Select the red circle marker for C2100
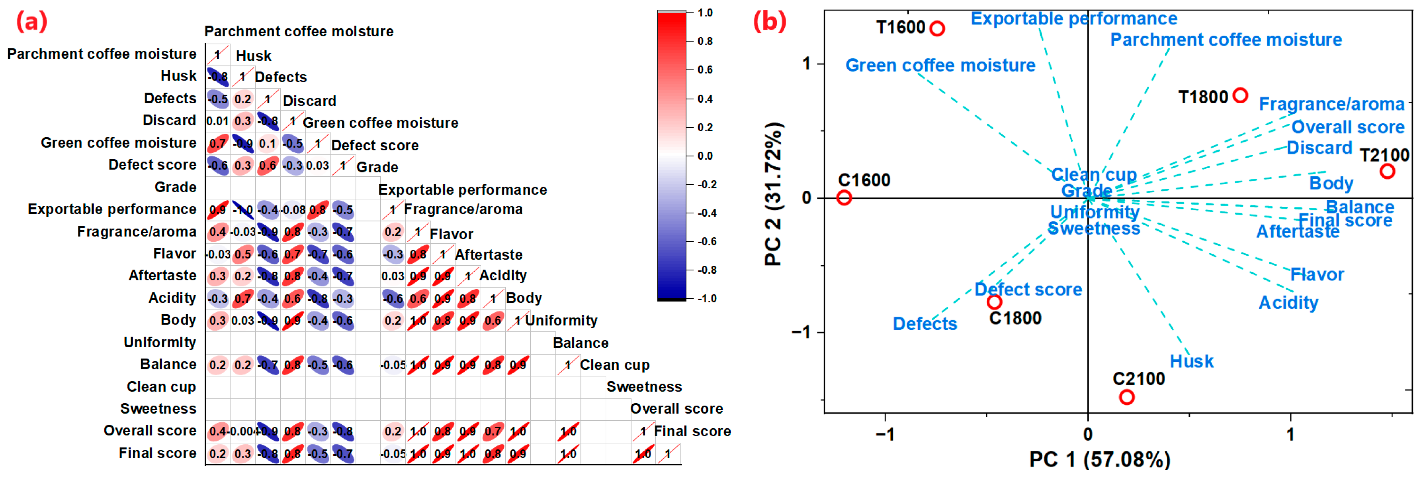click(1126, 397)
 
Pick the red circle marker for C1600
click(844, 198)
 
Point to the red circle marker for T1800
click(1240, 95)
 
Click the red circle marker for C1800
click(994, 302)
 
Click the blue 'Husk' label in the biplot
click(1192, 361)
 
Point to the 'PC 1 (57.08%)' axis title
click(1099, 459)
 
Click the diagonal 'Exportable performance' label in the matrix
click(462, 190)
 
